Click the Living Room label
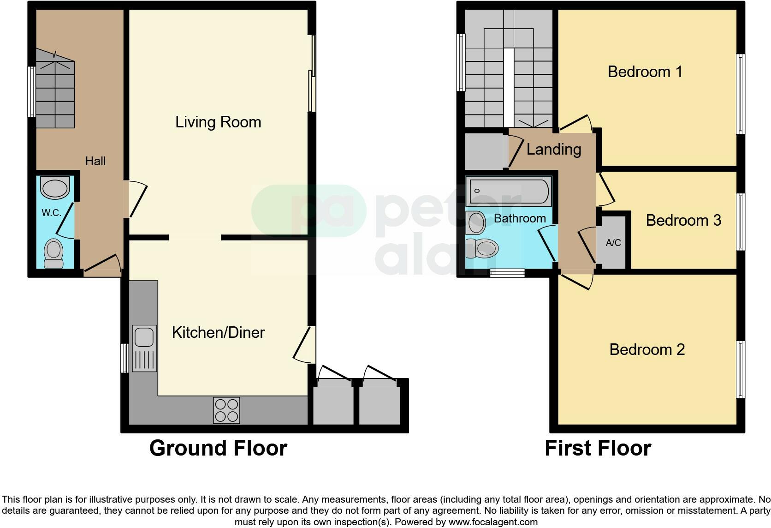coord(218,122)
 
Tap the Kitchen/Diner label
coord(218,332)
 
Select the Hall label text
coord(95,161)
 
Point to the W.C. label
coord(51,212)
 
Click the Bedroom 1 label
coord(645,72)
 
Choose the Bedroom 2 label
coord(647,349)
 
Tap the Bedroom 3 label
coord(683,221)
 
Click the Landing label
coord(554,150)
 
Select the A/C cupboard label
coord(613,243)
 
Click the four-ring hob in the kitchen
coord(226,410)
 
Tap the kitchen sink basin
coord(144,337)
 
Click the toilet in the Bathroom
coord(482,248)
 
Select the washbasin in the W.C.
coord(55,188)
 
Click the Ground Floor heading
coord(218,448)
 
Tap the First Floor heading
coord(598,448)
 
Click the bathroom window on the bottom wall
coord(507,273)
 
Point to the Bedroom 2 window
coord(741,370)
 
